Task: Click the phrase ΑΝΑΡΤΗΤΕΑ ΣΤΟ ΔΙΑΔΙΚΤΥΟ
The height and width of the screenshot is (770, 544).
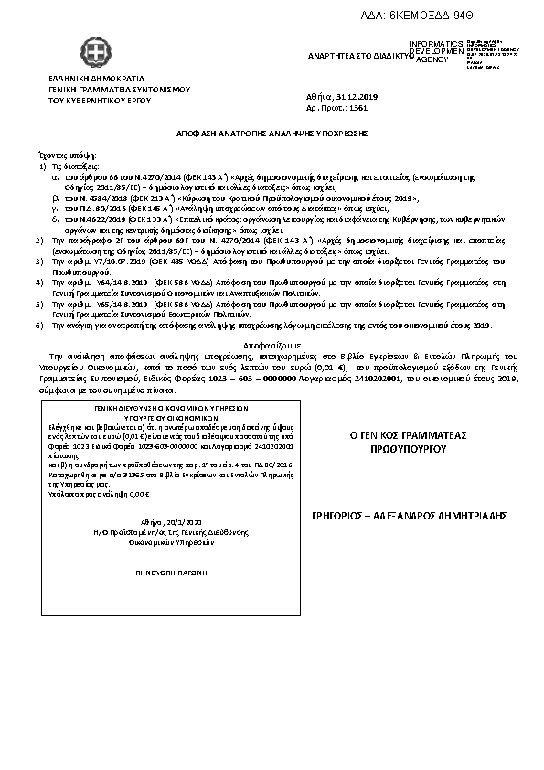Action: point(358,55)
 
